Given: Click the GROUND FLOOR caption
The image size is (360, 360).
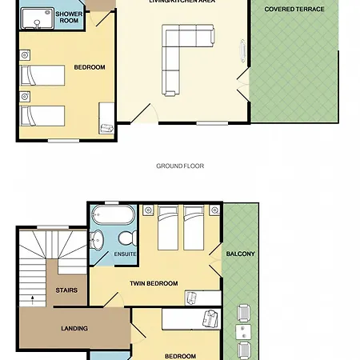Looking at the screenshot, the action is (x=180, y=166).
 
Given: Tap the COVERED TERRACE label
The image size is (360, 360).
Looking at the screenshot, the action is (x=294, y=9).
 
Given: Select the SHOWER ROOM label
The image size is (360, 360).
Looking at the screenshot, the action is (x=69, y=17).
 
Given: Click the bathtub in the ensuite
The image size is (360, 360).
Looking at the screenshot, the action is (x=113, y=215).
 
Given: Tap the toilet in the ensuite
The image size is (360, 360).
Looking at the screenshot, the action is (x=127, y=238).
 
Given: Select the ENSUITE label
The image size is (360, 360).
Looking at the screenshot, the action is (x=125, y=254).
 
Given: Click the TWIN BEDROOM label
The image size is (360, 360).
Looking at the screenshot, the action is (x=154, y=283).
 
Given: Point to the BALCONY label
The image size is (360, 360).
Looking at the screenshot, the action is (x=240, y=254).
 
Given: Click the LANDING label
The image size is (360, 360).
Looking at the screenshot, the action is (x=74, y=328).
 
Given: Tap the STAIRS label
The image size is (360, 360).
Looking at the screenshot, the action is (x=66, y=290).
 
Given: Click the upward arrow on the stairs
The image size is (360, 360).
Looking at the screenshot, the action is (x=33, y=300).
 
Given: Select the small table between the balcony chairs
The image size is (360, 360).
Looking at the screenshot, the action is (x=243, y=332).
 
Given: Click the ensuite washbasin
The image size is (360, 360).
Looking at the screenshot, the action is (x=97, y=239).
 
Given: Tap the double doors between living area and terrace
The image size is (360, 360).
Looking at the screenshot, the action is (x=243, y=85).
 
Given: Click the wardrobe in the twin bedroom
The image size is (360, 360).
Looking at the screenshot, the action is (x=203, y=298).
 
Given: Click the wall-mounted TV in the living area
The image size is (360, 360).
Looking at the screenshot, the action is (x=243, y=50).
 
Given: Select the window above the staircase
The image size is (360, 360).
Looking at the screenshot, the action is (x=53, y=227).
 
